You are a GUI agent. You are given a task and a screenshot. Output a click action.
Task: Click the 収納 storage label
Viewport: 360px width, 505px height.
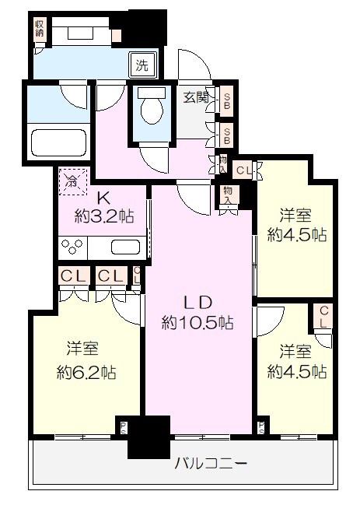39,32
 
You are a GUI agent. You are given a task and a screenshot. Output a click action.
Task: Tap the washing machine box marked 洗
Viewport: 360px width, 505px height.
142,65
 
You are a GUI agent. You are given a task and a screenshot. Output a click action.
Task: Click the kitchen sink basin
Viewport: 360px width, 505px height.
124,247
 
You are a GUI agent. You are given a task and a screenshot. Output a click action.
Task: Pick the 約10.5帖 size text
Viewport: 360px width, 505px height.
197,321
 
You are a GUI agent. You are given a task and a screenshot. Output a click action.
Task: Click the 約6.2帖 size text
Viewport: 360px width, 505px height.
86,372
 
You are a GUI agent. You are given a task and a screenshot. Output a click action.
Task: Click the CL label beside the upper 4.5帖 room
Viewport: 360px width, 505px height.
243,169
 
